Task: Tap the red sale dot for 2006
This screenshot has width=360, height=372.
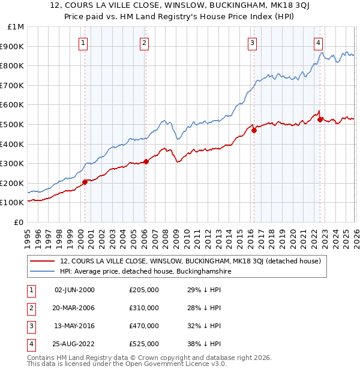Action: (x=146, y=161)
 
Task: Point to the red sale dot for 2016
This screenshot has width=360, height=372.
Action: (x=254, y=130)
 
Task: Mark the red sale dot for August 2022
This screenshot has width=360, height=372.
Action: (x=320, y=119)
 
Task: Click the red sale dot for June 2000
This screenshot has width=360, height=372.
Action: (x=85, y=182)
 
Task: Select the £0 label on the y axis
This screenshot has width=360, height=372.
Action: (x=19, y=222)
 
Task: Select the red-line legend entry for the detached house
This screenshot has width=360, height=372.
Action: (x=191, y=261)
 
